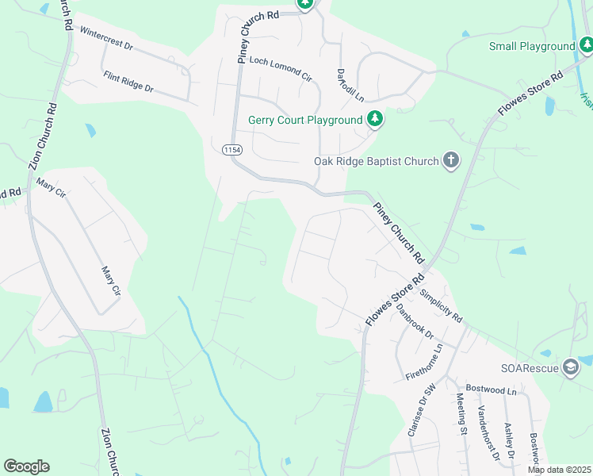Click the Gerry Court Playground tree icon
pos(375,120)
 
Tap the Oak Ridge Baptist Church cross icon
pos(450,161)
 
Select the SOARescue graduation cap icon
pos(570,367)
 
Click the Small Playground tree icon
pos(585,46)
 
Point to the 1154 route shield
pos(231,149)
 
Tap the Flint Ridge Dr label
pos(128,81)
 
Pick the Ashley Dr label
pos(510,440)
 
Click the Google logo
pos(26,466)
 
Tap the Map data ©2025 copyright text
pos(559,470)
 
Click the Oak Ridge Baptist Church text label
pos(376,161)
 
